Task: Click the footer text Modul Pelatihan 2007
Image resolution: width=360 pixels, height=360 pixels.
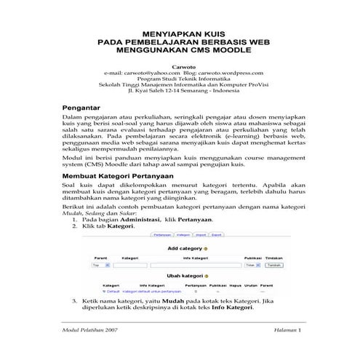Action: pyautogui.click(x=90, y=351)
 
